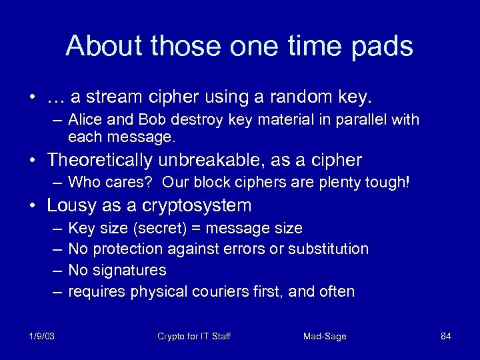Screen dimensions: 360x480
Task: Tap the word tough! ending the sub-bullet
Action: click(390, 182)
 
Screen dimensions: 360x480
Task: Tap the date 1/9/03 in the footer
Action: click(41, 336)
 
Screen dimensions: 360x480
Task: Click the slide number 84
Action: click(446, 336)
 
